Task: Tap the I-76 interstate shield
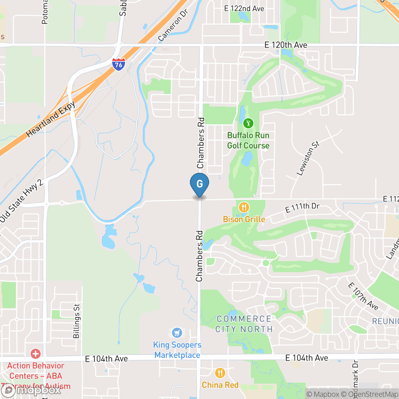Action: pyautogui.click(x=118, y=64)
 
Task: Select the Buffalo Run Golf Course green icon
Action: pyautogui.click(x=248, y=124)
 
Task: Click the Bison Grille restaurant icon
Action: pyautogui.click(x=244, y=207)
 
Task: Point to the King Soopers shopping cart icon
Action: pyautogui.click(x=177, y=333)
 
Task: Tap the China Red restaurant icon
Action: pyautogui.click(x=220, y=373)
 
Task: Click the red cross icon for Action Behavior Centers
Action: pyautogui.click(x=36, y=354)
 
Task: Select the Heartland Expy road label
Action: pyautogui.click(x=51, y=119)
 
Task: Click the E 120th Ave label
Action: pyautogui.click(x=286, y=45)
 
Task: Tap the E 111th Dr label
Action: pyautogui.click(x=302, y=208)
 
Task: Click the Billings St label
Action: pyautogui.click(x=76, y=321)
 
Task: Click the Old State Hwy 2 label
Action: pyautogui.click(x=21, y=202)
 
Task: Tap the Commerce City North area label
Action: pyautogui.click(x=244, y=324)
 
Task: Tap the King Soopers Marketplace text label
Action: pyautogui.click(x=177, y=350)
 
